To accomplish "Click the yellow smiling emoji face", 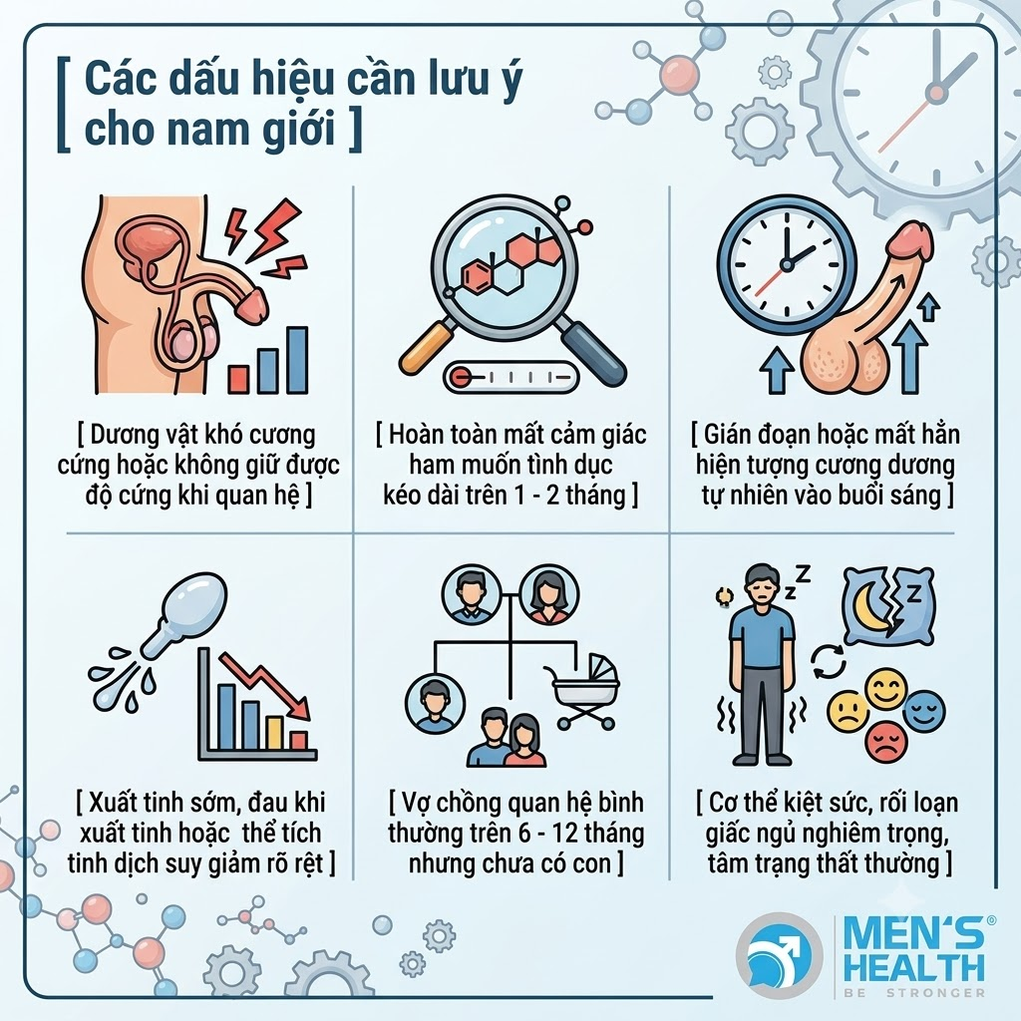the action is (885, 690).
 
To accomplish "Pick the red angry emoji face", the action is (886, 741).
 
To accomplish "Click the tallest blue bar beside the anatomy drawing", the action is (297, 360).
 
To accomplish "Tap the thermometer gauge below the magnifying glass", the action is (511, 377).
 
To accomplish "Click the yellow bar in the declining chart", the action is (275, 733).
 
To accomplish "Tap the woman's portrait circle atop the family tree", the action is (549, 595).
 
